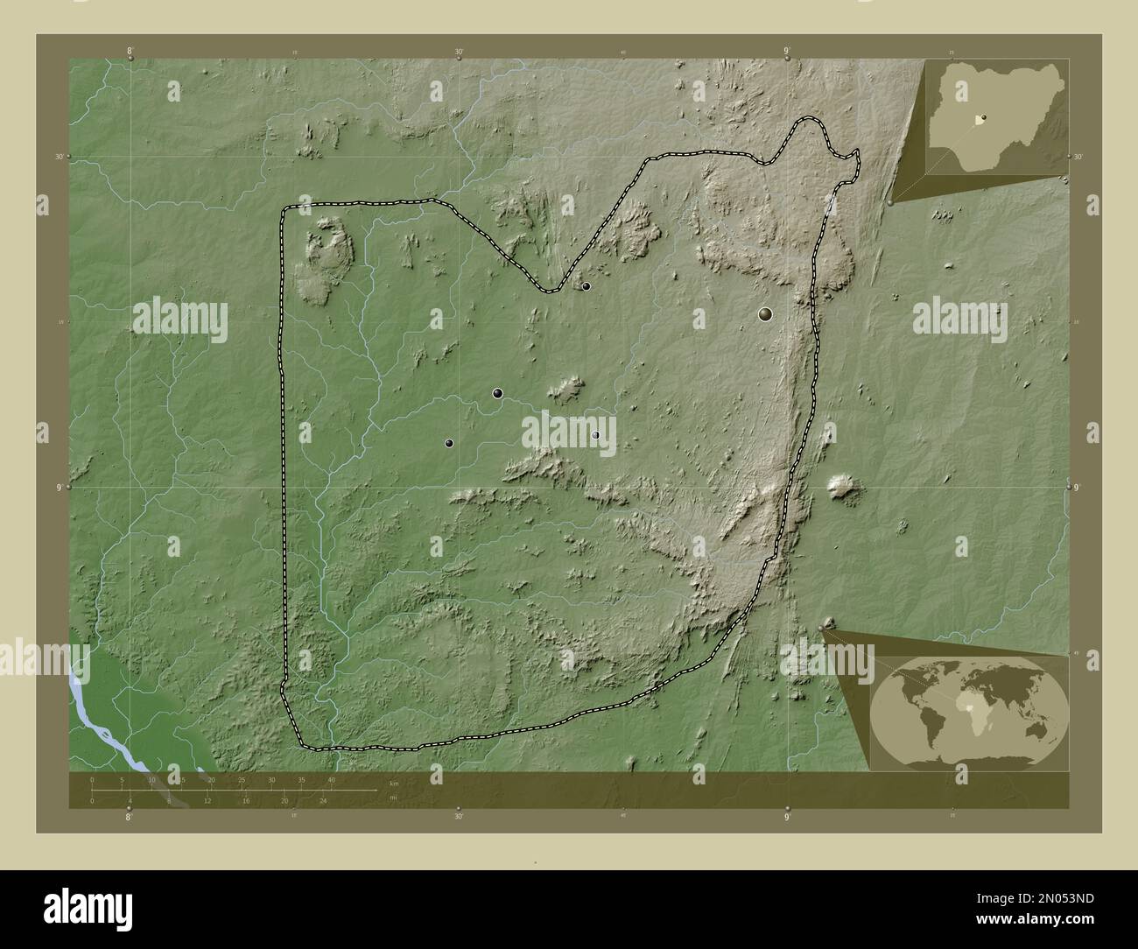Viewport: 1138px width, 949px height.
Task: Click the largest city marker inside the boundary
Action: coord(766,313)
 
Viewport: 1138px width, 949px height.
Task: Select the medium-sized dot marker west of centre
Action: coord(497,394)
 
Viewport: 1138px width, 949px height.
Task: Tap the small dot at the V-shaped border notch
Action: coord(586,286)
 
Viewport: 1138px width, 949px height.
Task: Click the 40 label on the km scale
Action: coord(331,779)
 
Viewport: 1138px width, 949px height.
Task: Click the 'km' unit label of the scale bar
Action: coord(394,784)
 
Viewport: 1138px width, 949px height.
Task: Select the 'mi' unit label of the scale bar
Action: coord(394,797)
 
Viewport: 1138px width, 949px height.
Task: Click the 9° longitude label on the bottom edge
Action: coord(787,818)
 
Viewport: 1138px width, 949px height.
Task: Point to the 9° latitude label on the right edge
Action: coord(1078,487)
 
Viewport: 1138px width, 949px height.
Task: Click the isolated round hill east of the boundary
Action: coord(843,487)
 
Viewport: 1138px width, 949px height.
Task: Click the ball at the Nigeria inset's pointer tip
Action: coord(891,201)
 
